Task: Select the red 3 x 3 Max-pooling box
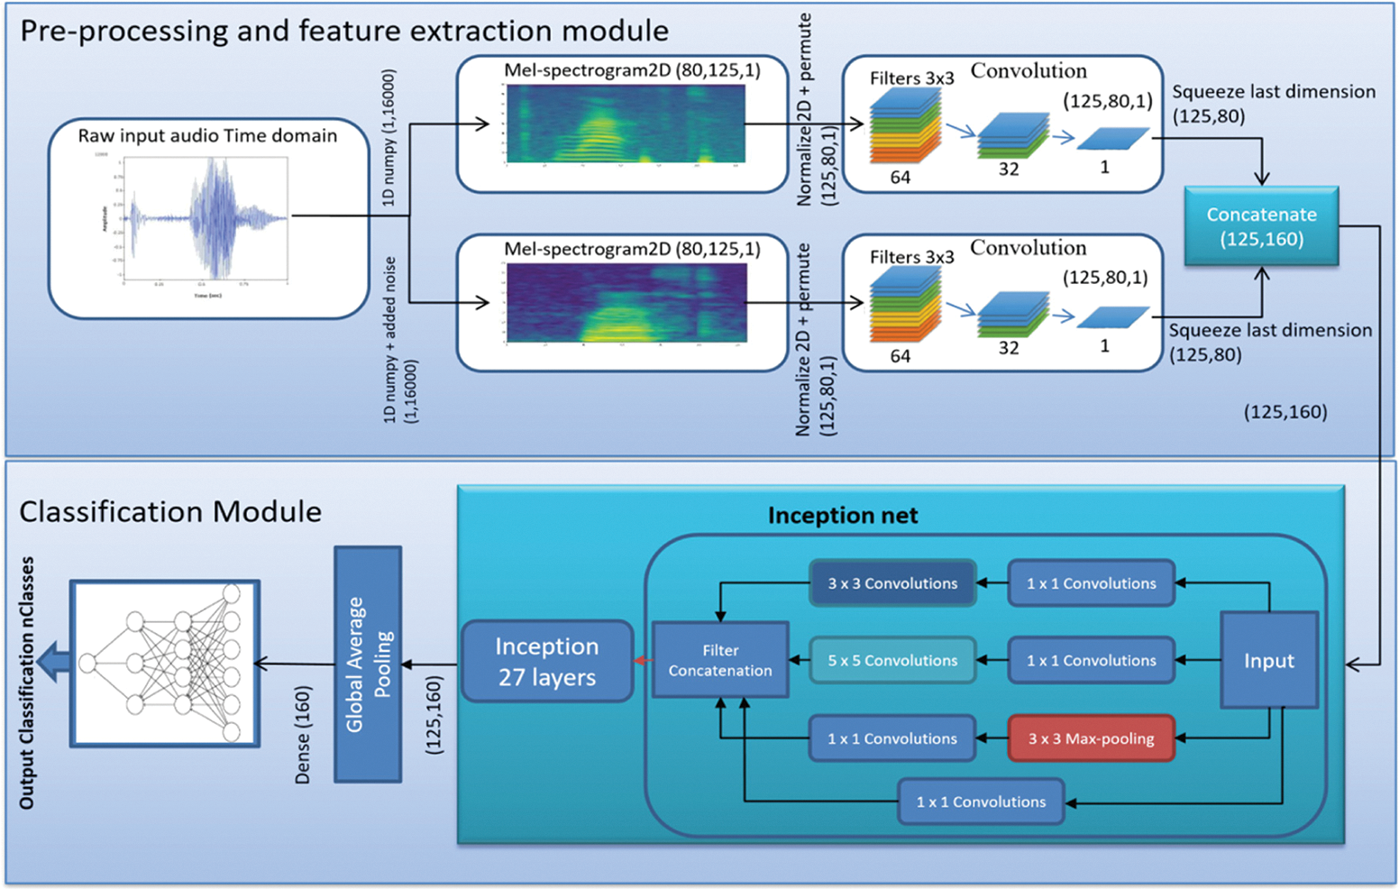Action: (1091, 738)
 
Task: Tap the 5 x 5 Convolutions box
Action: (892, 660)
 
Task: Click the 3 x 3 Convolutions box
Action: (892, 583)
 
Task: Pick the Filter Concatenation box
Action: (720, 660)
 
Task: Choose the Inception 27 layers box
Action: (547, 662)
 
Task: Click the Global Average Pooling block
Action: (368, 664)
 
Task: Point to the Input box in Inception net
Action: (1269, 660)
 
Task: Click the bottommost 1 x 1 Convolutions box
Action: (981, 802)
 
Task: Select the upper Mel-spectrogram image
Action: (626, 124)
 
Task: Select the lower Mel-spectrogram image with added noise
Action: (626, 302)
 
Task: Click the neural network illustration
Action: (165, 663)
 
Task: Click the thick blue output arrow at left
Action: (56, 663)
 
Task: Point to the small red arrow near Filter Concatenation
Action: (642, 661)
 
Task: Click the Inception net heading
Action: (842, 516)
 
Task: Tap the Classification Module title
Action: (170, 512)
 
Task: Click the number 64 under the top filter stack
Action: (900, 178)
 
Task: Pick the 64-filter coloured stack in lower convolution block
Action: (905, 307)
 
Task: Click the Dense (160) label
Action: (303, 735)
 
